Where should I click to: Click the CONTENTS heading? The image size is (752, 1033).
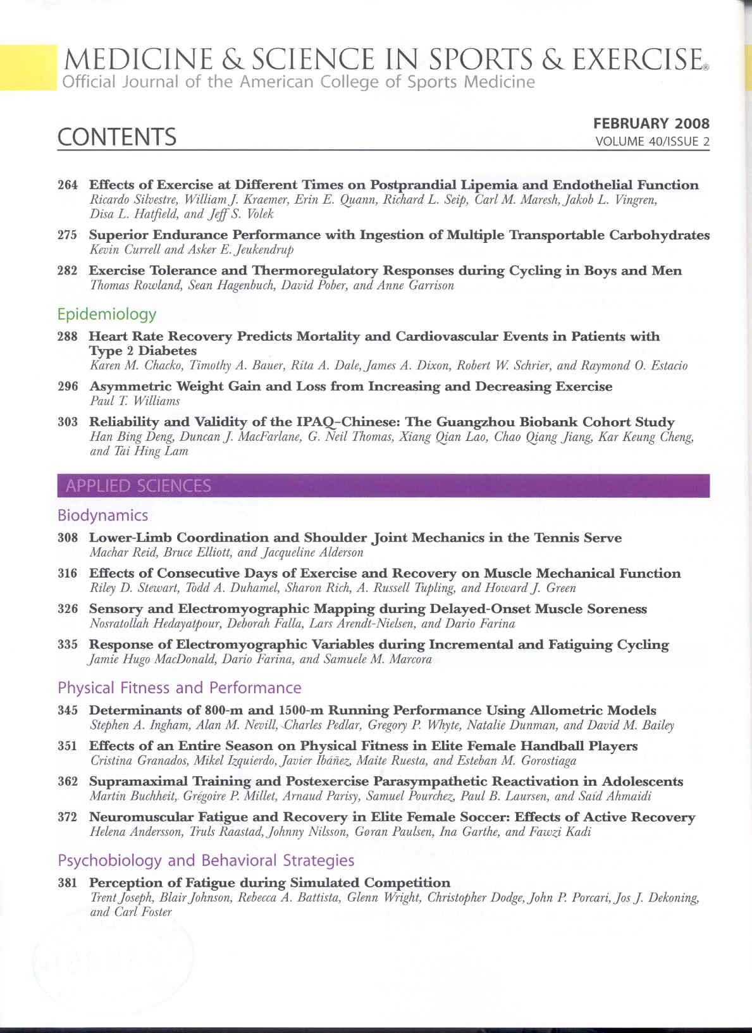(x=117, y=137)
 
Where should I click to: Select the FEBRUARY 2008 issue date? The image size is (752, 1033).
(x=651, y=123)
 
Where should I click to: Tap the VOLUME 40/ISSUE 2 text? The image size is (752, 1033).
(x=652, y=142)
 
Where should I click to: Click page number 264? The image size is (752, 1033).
(x=68, y=185)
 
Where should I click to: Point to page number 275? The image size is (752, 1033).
(x=68, y=235)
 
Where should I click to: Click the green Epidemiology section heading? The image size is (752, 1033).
(x=106, y=314)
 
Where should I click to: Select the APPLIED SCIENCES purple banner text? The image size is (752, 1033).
(x=138, y=486)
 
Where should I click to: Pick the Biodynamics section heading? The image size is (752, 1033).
(x=102, y=515)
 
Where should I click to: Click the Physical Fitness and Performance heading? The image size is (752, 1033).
(x=179, y=688)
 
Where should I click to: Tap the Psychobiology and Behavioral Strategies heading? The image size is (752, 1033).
(x=206, y=860)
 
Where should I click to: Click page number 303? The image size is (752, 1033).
(x=68, y=422)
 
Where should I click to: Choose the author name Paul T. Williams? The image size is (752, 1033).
(x=135, y=401)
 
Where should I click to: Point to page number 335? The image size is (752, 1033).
(x=68, y=645)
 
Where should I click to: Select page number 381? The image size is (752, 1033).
(x=68, y=882)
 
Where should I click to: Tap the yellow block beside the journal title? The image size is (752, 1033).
(x=28, y=67)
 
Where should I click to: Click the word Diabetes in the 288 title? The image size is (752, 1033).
(x=167, y=350)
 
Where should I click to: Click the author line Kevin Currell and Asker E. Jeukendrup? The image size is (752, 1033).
(x=192, y=249)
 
